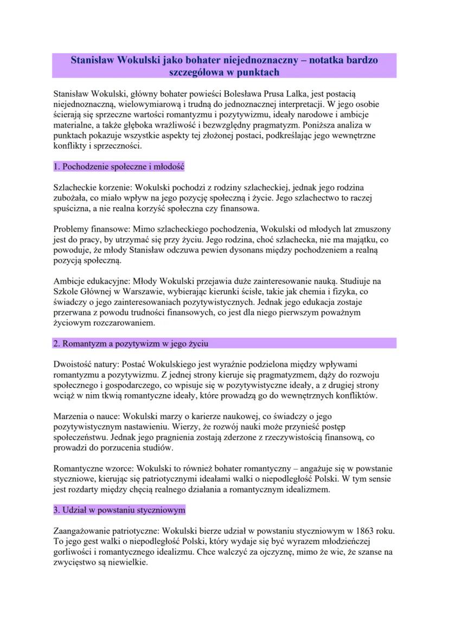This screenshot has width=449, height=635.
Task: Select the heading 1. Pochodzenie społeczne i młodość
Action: click(x=119, y=166)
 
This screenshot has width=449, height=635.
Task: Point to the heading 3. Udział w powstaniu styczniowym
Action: click(x=119, y=510)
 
